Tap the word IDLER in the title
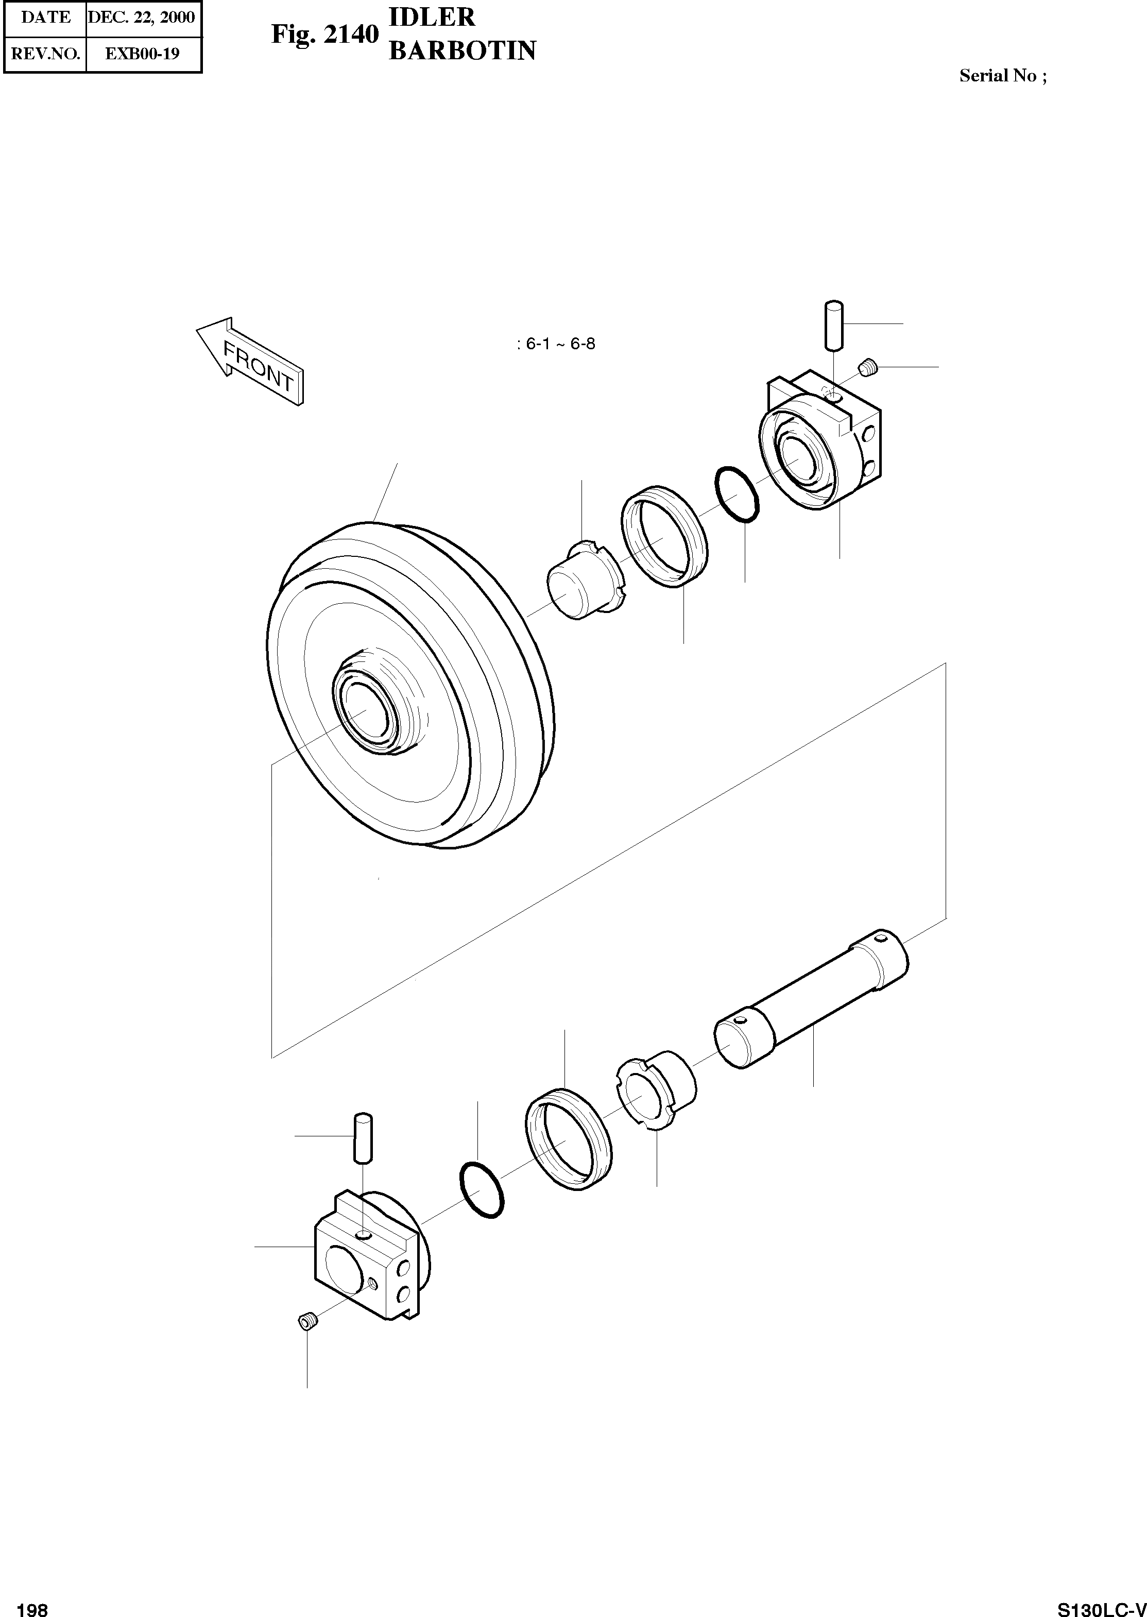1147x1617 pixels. point(432,17)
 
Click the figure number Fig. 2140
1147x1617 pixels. point(326,34)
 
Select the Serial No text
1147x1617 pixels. point(1003,76)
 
